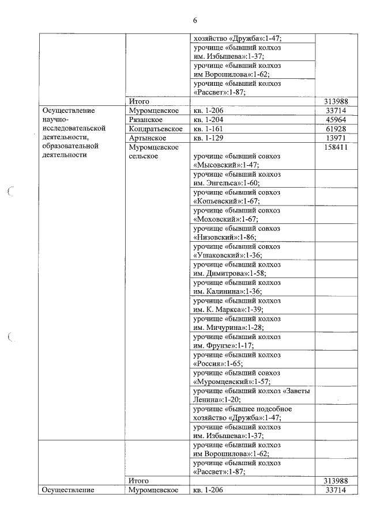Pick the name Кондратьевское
pyautogui.click(x=156, y=129)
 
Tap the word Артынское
pyautogui.click(x=148, y=138)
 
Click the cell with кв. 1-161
pyautogui.click(x=208, y=129)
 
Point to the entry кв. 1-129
pyautogui.click(x=208, y=138)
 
